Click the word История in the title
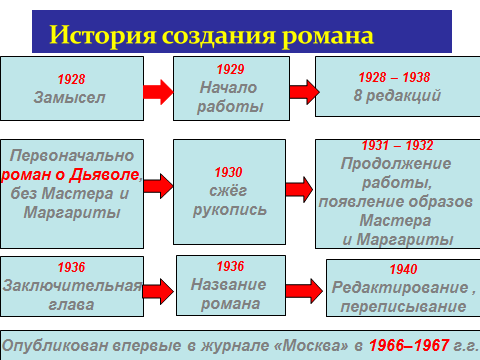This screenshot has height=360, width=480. (103, 36)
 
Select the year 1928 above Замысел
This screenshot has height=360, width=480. (71, 79)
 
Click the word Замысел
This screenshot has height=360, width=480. (69, 97)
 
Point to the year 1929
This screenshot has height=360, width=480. (230, 69)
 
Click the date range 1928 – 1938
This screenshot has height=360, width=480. (394, 77)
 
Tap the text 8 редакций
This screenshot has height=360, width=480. (397, 96)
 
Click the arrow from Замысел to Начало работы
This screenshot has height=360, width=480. (158, 92)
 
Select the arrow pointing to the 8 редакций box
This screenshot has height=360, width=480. (304, 92)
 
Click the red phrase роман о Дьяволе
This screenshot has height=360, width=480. (70, 175)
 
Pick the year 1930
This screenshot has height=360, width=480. (228, 172)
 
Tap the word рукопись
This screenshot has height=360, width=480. (230, 210)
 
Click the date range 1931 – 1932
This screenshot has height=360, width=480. (397, 145)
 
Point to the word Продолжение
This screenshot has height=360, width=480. (396, 164)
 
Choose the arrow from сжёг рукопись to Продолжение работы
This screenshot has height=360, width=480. (299, 189)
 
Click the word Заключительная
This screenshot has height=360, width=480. (72, 286)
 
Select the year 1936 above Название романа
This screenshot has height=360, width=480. (230, 266)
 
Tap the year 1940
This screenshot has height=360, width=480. (403, 269)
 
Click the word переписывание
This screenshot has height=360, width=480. (403, 307)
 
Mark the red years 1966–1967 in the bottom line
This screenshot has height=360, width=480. (409, 345)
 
